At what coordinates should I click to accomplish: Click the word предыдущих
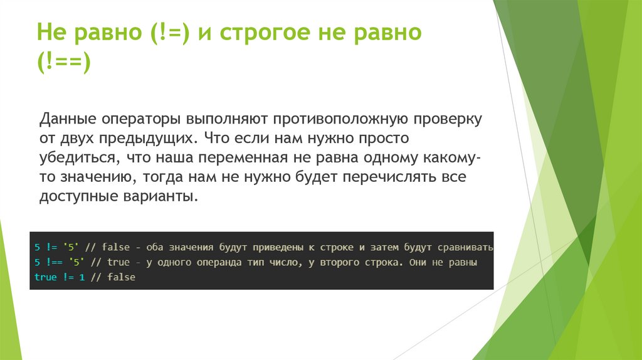(150, 137)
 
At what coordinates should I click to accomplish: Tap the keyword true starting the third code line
(45, 277)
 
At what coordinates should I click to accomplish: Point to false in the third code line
(120, 277)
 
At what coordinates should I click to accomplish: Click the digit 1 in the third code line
(81, 277)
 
